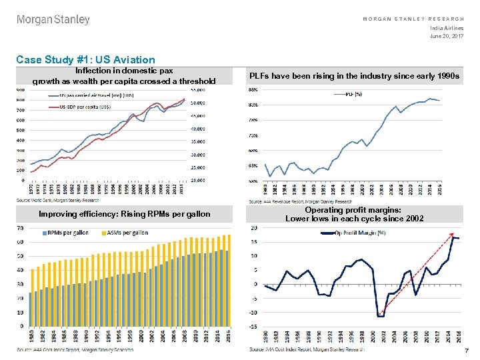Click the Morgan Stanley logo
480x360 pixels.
tap(53, 20)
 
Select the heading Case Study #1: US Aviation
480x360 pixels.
tap(85, 60)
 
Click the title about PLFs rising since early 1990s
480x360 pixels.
tap(354, 76)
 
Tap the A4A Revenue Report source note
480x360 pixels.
tap(300, 201)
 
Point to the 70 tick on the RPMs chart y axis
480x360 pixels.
tap(20, 228)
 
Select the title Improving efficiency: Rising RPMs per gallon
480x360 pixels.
tap(125, 214)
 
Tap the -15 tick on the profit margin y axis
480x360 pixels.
tap(253, 327)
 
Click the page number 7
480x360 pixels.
tap(467, 351)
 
